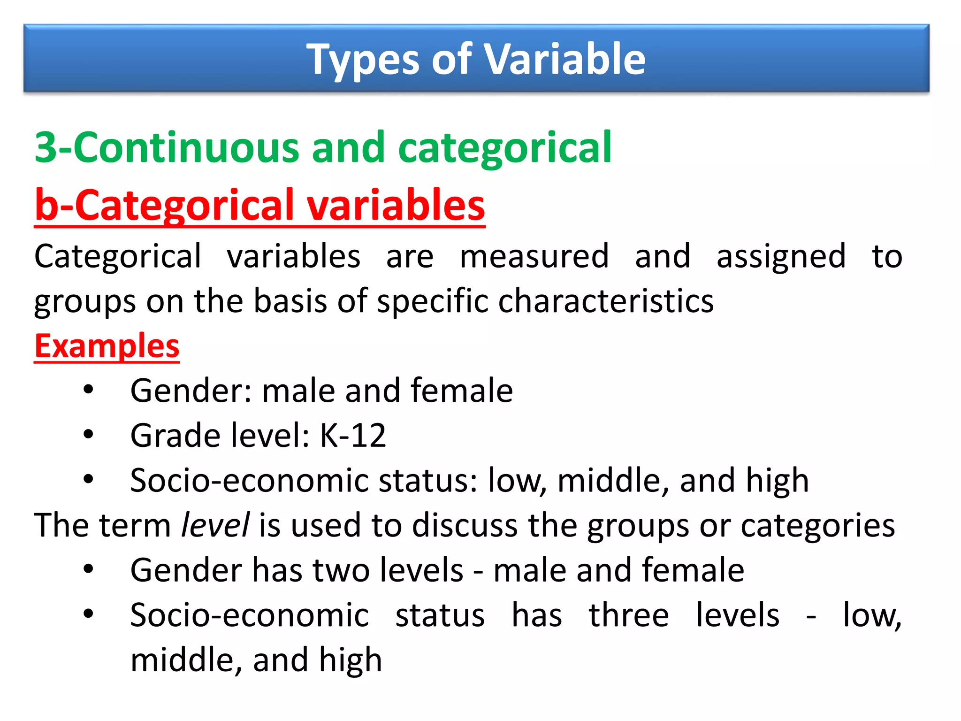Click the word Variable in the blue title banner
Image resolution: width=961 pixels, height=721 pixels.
[x=564, y=59]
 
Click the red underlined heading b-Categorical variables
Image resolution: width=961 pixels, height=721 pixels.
[x=259, y=205]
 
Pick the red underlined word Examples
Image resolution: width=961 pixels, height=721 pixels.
[x=107, y=346]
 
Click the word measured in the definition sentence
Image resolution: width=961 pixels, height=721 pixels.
[x=534, y=256]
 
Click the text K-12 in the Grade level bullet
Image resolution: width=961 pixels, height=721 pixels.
[x=353, y=436]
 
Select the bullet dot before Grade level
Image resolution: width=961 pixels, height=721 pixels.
[x=88, y=434]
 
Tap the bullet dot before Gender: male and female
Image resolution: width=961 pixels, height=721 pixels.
[x=88, y=389]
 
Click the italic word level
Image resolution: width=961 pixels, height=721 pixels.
[x=215, y=525]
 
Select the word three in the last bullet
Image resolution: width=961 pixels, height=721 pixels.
[x=629, y=615]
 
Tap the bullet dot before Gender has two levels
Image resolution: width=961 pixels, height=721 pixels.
[x=88, y=569]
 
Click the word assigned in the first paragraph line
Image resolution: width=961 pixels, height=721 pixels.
[x=781, y=257]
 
